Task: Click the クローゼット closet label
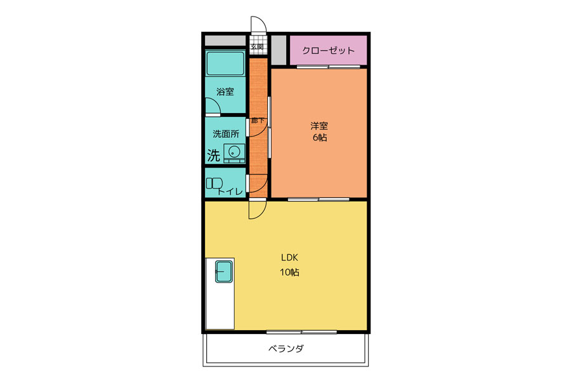point(328,51)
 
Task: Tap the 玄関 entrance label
point(257,46)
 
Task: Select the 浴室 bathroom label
point(225,91)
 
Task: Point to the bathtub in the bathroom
point(225,63)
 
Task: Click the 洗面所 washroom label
point(226,134)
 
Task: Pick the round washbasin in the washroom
point(233,151)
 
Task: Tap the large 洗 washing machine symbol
point(214,156)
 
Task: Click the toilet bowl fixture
point(214,184)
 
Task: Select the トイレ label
point(230,191)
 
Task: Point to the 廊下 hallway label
point(258,120)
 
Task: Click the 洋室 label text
point(319,126)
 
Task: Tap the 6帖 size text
point(319,137)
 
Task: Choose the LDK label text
point(289,258)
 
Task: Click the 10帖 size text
point(289,272)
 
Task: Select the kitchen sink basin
point(223,271)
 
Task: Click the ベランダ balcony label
point(286,349)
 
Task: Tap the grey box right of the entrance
point(279,50)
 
